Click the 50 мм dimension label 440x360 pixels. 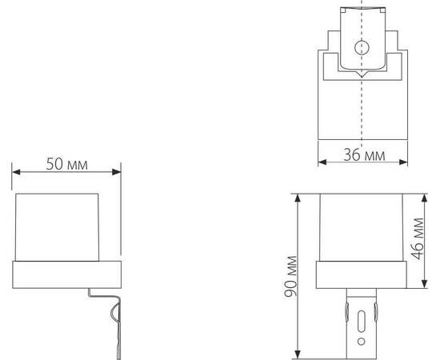66,164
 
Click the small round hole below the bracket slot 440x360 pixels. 362,346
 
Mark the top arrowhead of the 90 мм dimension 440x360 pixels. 298,195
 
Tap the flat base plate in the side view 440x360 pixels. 66,274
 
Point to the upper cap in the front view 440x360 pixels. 360,228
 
